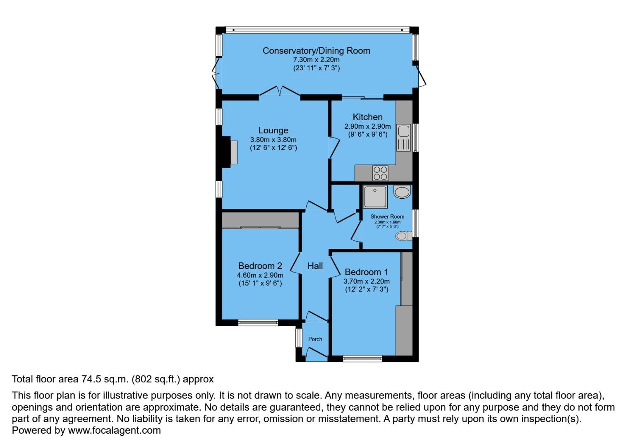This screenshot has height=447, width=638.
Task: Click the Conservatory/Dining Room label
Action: coord(317,50)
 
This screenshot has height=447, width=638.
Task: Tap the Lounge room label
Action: coord(273,130)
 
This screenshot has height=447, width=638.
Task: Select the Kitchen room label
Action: coord(367,117)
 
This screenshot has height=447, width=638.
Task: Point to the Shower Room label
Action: coord(387,216)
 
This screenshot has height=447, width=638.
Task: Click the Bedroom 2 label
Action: coord(260,266)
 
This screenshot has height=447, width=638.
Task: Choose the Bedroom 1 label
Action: coord(366,272)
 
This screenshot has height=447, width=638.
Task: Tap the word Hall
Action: coord(315,266)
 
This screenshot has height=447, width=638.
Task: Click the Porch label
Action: coord(315,339)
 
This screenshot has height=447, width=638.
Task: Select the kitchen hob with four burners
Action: coord(380,173)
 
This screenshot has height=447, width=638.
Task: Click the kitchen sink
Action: coord(403,137)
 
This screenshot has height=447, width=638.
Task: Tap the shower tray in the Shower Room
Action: coord(375,197)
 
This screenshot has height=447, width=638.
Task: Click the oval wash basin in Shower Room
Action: coord(401,192)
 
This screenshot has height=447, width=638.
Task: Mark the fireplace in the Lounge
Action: coord(230,152)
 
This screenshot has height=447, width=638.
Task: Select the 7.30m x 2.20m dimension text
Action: coord(317,60)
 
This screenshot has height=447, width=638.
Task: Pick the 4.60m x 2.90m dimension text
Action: coord(260,275)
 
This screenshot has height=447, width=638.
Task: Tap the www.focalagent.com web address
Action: coord(114,430)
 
